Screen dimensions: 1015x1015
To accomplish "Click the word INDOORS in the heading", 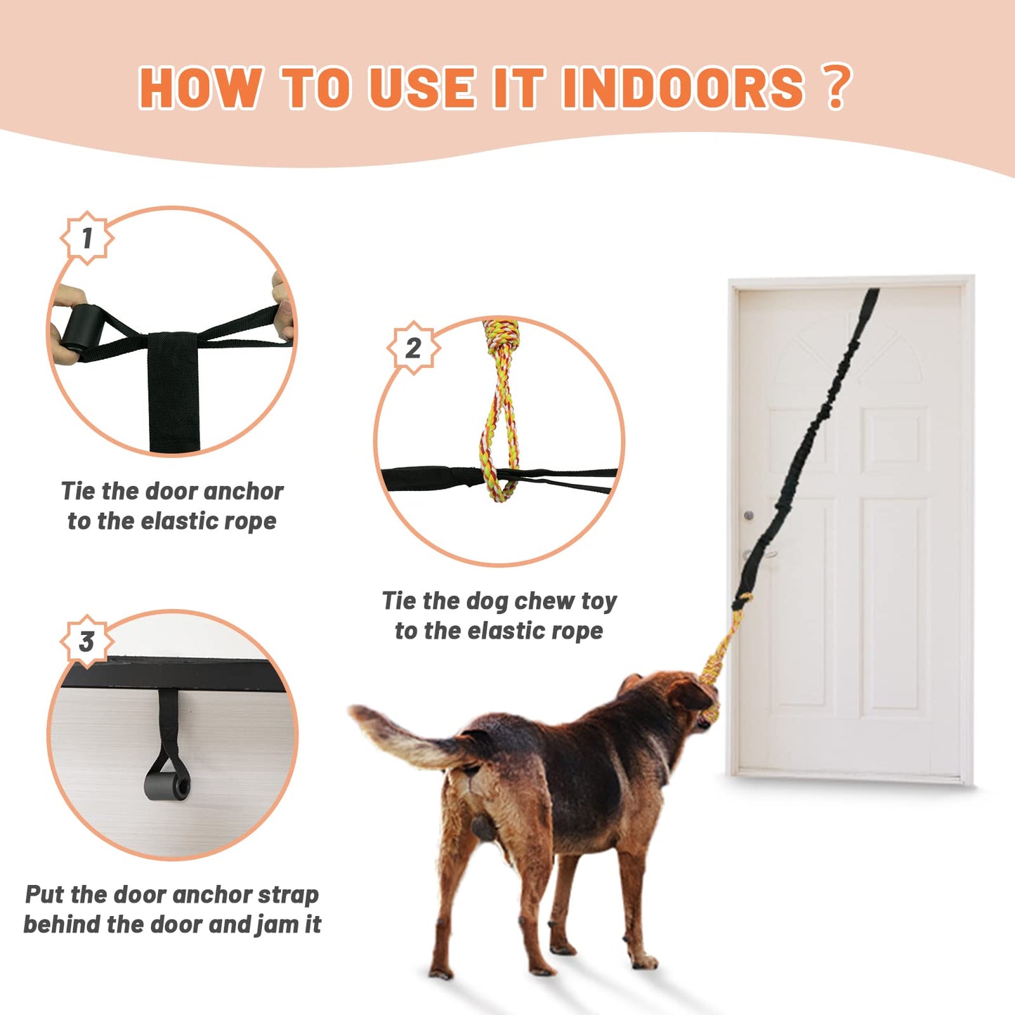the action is pyautogui.click(x=683, y=88).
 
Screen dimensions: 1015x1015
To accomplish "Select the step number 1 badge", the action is pyautogui.click(x=87, y=238).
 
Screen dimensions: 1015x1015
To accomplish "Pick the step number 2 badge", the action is pyautogui.click(x=414, y=348).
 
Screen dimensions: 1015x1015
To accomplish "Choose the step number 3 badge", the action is pyautogui.click(x=87, y=641).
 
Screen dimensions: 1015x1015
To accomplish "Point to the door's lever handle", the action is pyautogui.click(x=759, y=554).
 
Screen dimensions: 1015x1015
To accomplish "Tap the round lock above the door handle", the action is pyautogui.click(x=749, y=515).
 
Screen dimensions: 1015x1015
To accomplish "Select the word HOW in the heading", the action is pyautogui.click(x=201, y=88).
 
